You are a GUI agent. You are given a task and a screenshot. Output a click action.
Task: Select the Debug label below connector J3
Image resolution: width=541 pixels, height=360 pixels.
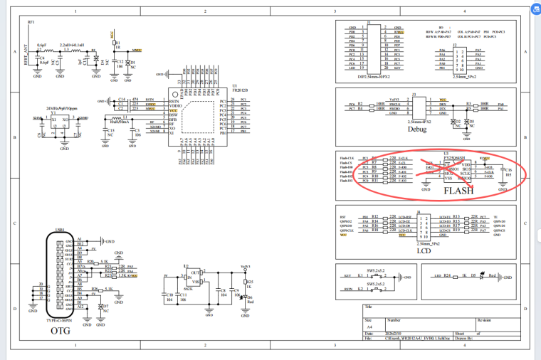(x=417, y=129)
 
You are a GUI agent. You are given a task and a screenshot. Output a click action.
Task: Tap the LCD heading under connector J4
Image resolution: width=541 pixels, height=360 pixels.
(x=424, y=251)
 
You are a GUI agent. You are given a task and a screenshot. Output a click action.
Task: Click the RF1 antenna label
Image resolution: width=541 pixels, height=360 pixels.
(x=31, y=23)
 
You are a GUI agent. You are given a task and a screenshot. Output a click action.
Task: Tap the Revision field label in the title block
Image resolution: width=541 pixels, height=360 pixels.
(x=485, y=320)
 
